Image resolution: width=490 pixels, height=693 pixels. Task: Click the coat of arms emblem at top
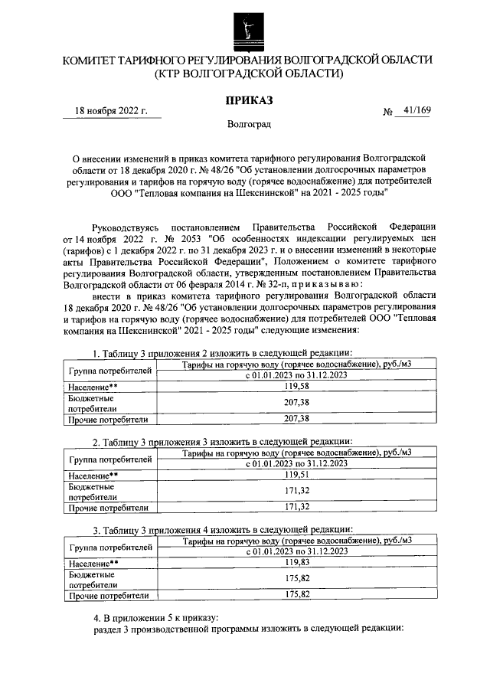(246, 28)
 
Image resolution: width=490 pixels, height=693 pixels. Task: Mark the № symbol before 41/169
(387, 112)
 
